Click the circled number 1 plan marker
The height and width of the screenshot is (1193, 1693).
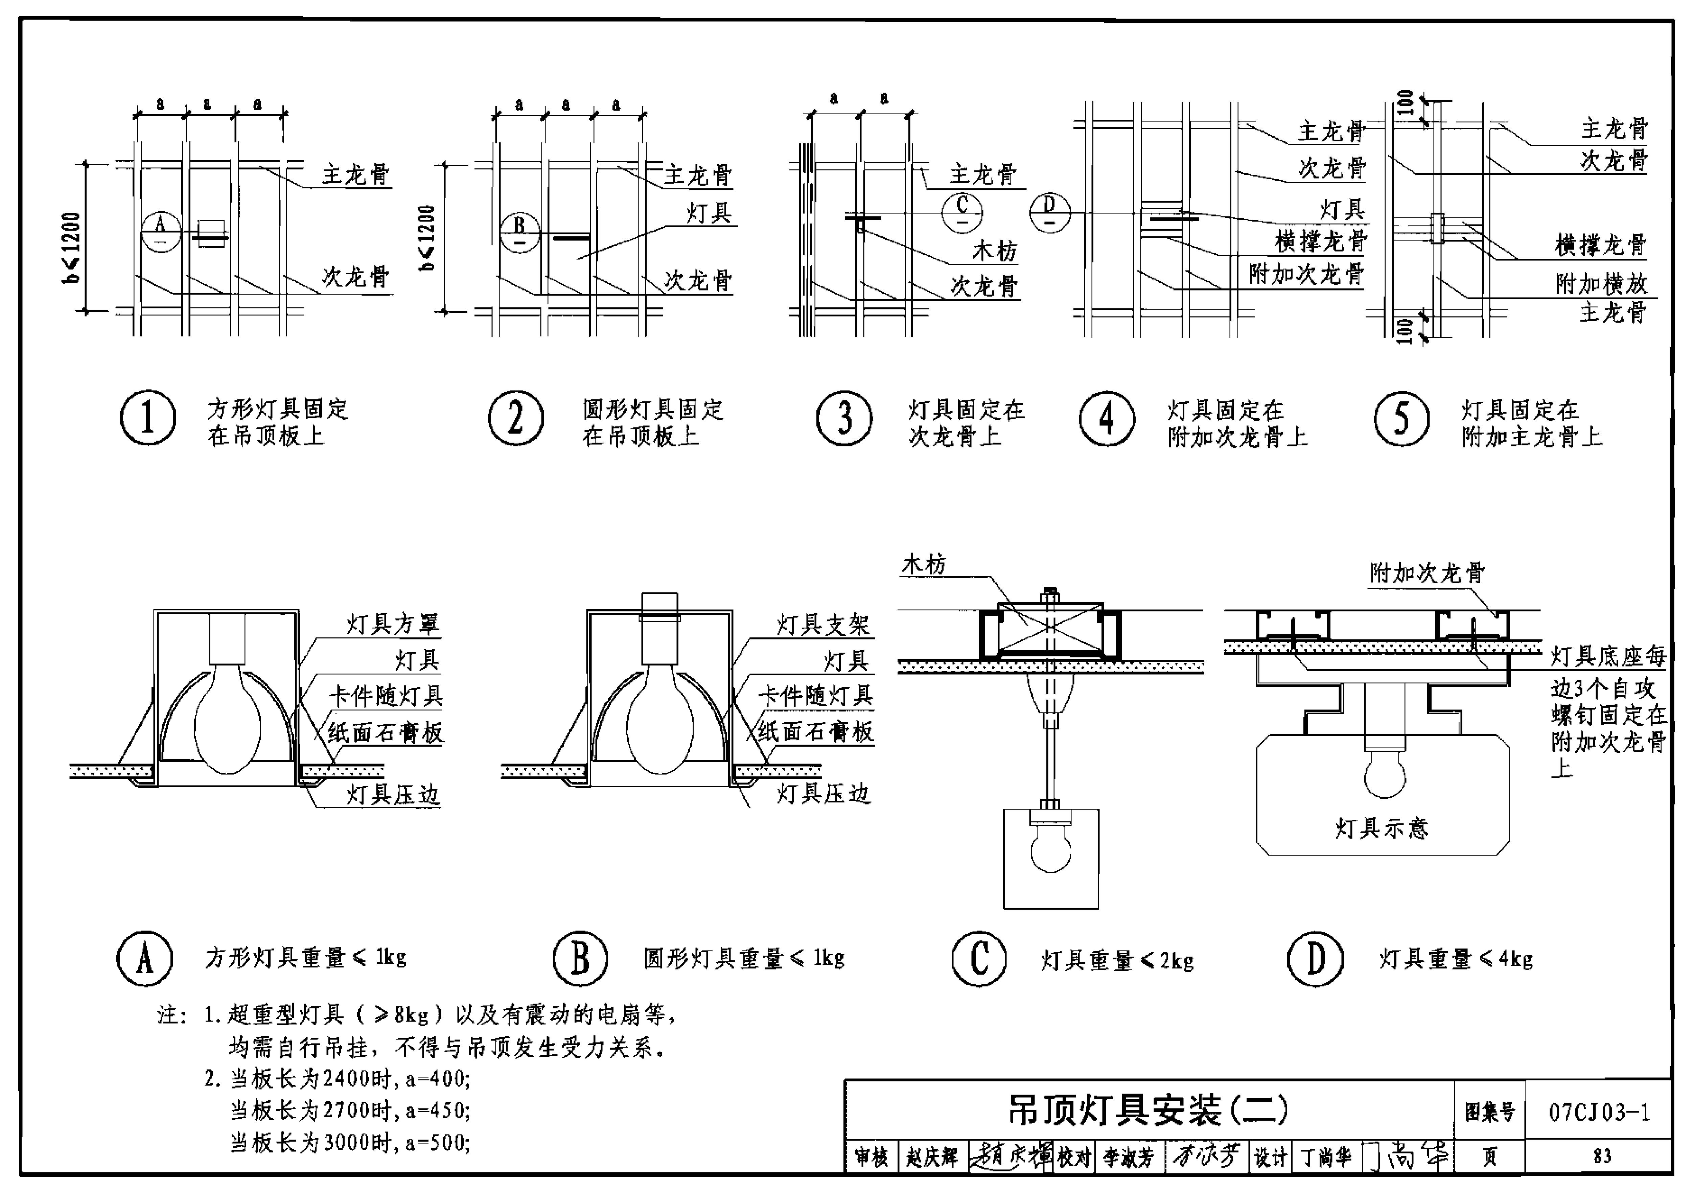[147, 418]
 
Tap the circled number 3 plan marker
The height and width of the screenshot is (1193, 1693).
[844, 418]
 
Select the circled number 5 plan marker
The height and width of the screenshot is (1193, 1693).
[1401, 418]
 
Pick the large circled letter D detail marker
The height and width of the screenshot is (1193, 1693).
[1316, 959]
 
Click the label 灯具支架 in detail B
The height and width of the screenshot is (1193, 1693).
[824, 625]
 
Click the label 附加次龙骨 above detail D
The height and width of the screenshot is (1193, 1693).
[1427, 572]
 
